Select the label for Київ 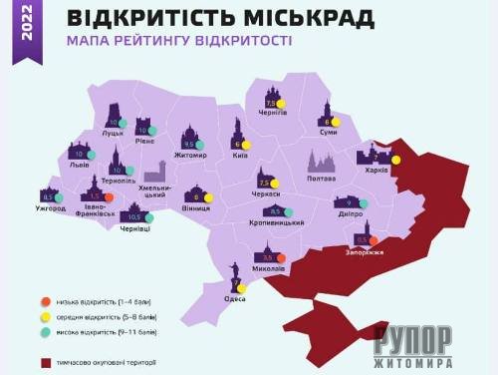(x=239, y=156)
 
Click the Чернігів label (x=273, y=113)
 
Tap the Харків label (x=375, y=170)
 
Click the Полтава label (x=322, y=179)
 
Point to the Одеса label (x=235, y=298)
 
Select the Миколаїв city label (x=269, y=268)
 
